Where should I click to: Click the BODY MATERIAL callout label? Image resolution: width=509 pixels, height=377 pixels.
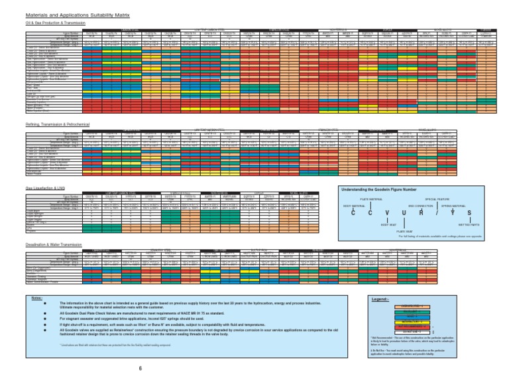point(353,205)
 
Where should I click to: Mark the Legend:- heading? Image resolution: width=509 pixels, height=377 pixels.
point(380,299)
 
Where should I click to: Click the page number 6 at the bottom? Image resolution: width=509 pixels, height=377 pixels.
point(140,368)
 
